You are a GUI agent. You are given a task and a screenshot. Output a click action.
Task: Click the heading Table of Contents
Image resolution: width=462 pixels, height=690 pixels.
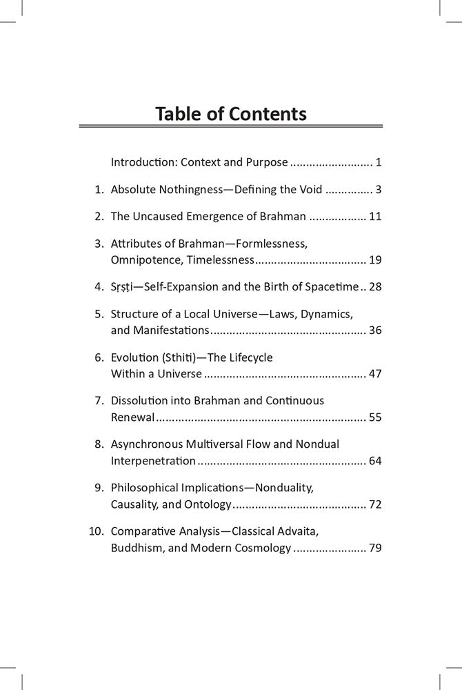pyautogui.click(x=231, y=113)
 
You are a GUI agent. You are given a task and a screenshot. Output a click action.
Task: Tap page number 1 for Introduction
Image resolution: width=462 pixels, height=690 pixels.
pyautogui.click(x=379, y=163)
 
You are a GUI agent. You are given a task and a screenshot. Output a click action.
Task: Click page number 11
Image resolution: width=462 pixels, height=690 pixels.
pyautogui.click(x=375, y=217)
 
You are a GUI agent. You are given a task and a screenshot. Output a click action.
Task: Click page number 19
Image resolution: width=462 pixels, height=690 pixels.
pyautogui.click(x=375, y=261)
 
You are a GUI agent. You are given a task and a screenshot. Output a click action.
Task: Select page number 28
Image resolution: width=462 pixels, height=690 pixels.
pyautogui.click(x=375, y=287)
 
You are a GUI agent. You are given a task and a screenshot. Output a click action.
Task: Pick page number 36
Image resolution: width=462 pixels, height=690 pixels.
pyautogui.click(x=375, y=331)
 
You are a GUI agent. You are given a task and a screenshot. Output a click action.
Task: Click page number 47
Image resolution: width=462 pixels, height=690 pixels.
pyautogui.click(x=375, y=374)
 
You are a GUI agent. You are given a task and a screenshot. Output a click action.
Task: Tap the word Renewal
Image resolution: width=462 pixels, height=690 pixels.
pyautogui.click(x=132, y=417)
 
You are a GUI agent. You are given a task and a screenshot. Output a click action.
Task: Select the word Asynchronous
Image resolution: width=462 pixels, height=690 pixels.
pyautogui.click(x=145, y=444)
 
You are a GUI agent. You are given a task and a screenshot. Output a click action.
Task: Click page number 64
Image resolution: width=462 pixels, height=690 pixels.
pyautogui.click(x=375, y=461)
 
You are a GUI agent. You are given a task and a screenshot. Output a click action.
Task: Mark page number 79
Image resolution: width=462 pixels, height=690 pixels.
pyautogui.click(x=375, y=549)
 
